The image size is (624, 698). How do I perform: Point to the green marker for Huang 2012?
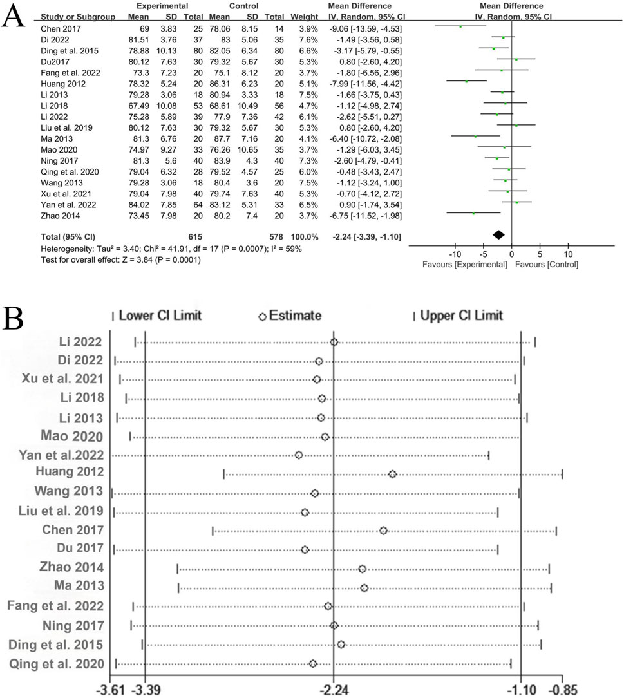(466, 82)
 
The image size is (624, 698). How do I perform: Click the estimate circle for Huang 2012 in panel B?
(392, 474)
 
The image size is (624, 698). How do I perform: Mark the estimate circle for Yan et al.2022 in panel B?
(299, 455)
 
